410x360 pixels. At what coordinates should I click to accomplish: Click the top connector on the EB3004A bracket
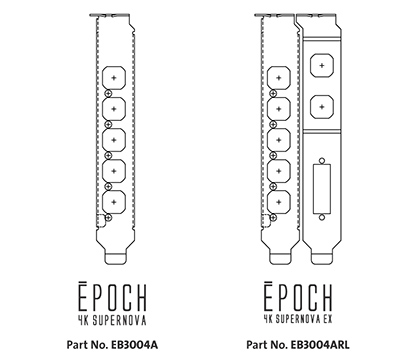point(116,77)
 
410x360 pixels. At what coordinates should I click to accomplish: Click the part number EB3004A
point(135,339)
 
